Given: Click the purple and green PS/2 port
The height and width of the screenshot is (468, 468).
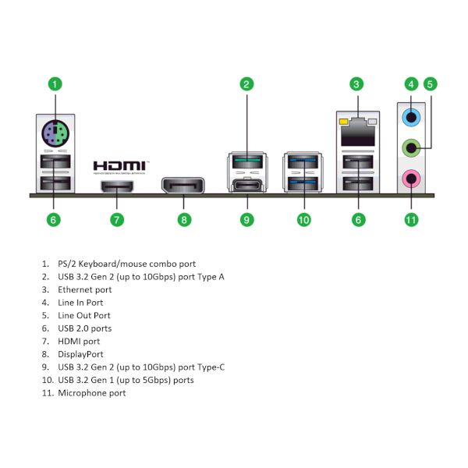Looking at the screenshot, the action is click(55, 133).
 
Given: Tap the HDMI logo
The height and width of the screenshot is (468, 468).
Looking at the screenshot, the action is click(121, 168).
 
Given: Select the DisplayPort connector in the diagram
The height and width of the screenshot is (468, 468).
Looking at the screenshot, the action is click(183, 186).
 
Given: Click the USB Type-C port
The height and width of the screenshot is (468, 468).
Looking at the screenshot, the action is click(247, 186).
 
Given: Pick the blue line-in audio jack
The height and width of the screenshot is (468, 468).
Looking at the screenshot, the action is click(411, 117).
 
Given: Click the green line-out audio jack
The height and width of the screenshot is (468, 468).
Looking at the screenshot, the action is click(411, 147).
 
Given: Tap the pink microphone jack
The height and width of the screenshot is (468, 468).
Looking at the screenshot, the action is click(411, 179).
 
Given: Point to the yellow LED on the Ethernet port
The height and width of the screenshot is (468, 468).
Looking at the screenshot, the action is click(343, 122).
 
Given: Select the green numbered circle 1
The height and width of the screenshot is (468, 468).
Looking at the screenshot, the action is click(55, 84).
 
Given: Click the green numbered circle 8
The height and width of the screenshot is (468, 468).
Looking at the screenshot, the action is click(184, 220).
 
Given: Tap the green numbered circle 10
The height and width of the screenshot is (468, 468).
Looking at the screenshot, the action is click(304, 220).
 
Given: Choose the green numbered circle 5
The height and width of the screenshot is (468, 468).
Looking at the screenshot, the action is click(430, 84).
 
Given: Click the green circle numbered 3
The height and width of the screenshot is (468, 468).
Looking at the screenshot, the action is click(356, 84).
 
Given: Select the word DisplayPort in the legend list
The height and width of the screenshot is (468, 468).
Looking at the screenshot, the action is click(80, 354).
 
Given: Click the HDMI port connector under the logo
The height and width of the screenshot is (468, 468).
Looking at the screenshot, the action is click(117, 186).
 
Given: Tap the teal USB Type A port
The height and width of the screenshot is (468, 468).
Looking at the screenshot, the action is click(248, 161).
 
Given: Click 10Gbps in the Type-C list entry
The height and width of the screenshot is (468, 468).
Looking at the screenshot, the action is click(158, 367).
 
